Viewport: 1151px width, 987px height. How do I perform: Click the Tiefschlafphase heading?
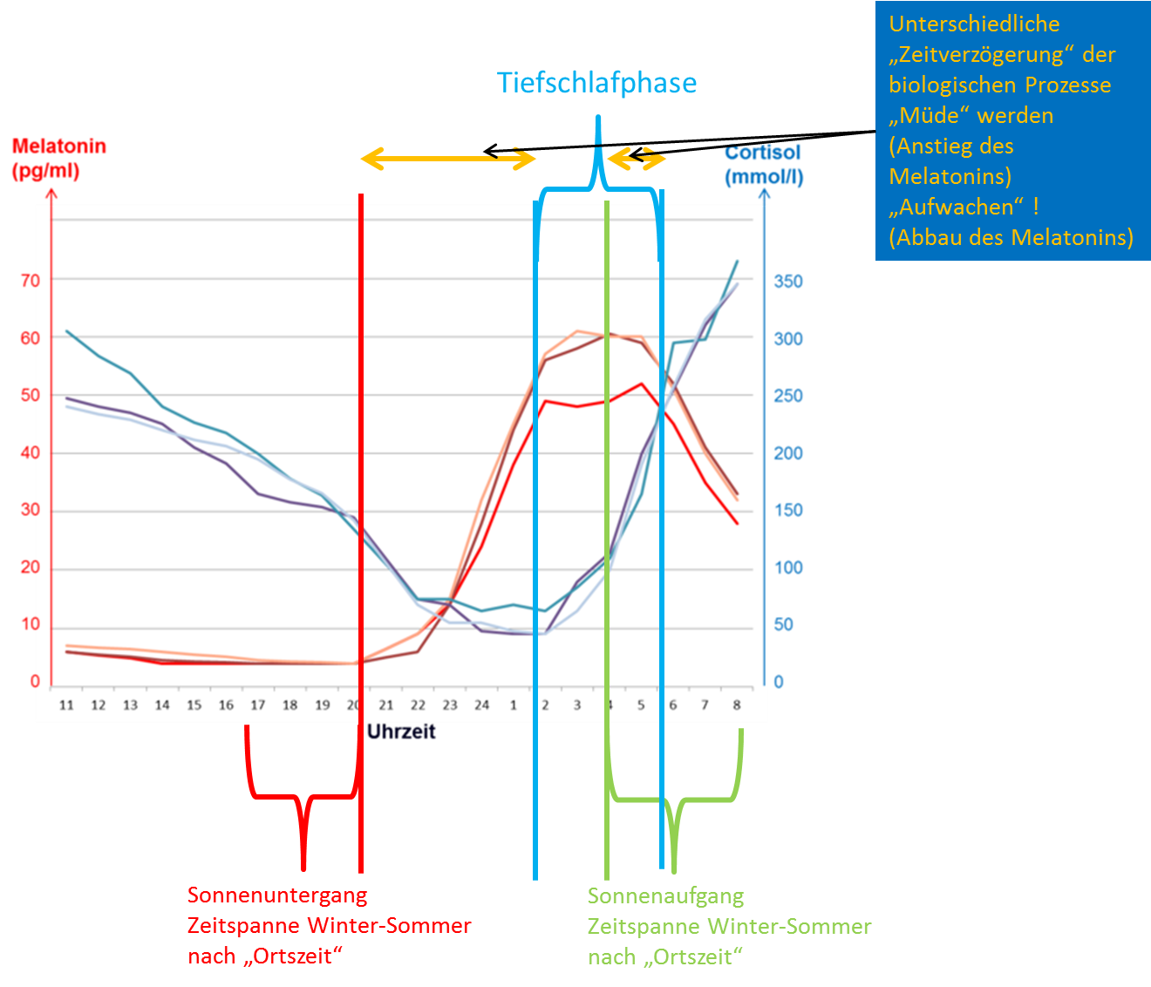coord(597,83)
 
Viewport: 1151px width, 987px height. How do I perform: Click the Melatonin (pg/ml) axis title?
coord(58,158)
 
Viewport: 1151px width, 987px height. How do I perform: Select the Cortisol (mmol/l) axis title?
coord(764,165)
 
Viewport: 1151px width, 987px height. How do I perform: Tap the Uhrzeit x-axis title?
coord(401,732)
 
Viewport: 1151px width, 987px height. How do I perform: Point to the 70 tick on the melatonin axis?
coord(30,281)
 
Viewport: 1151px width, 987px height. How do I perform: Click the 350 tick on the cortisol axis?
coord(788,282)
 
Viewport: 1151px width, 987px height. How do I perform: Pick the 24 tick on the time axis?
coord(481,705)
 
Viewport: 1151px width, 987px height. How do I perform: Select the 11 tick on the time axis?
coord(66,705)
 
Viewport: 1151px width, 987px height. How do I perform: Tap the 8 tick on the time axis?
coord(737,705)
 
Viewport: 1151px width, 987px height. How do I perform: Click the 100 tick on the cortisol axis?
coord(788,568)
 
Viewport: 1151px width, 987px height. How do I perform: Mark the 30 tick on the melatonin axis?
coord(30,509)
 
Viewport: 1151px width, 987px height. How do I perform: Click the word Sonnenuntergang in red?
coord(277,895)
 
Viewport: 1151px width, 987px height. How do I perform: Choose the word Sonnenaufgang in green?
coord(665,896)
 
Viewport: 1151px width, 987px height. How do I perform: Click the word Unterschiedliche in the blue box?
coord(974,24)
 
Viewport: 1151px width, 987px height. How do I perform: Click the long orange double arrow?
coord(448,160)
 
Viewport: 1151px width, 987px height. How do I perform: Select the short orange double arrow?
coord(637,160)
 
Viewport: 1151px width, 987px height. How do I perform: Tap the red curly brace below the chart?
coord(303,798)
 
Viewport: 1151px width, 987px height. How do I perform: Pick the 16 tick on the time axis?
coord(226,705)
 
